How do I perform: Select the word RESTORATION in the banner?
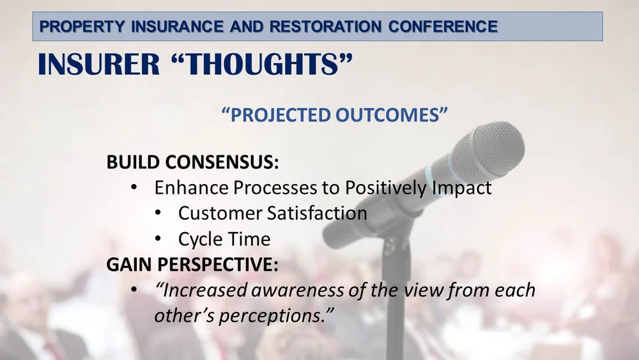(324, 27)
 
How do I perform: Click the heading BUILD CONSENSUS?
(193, 162)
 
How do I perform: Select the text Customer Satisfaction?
(272, 213)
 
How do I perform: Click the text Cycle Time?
(224, 239)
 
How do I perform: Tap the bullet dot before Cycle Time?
(158, 239)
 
